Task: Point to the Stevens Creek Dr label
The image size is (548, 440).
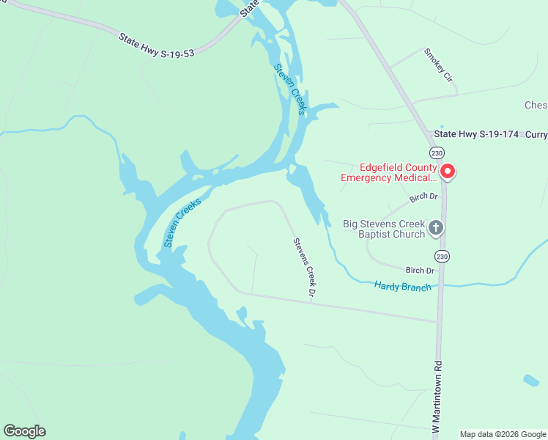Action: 304,268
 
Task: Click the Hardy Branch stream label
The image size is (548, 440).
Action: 402,286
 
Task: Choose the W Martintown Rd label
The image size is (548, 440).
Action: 438,396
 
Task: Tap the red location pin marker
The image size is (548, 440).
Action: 447,172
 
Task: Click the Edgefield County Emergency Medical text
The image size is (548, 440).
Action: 389,172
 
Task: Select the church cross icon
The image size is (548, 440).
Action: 436,228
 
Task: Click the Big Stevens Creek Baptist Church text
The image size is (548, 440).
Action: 384,229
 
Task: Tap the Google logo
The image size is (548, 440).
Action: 24,431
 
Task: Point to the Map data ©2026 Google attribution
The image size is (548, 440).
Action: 503,434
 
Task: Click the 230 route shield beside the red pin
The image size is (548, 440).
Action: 437,153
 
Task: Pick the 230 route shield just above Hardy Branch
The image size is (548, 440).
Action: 442,256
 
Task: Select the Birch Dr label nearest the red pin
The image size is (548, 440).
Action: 423,197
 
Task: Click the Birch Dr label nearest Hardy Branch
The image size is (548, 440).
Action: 420,271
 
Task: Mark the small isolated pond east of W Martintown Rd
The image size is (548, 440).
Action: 532,381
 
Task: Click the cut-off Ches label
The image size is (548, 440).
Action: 536,106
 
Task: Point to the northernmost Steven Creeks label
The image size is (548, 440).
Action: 290,89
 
